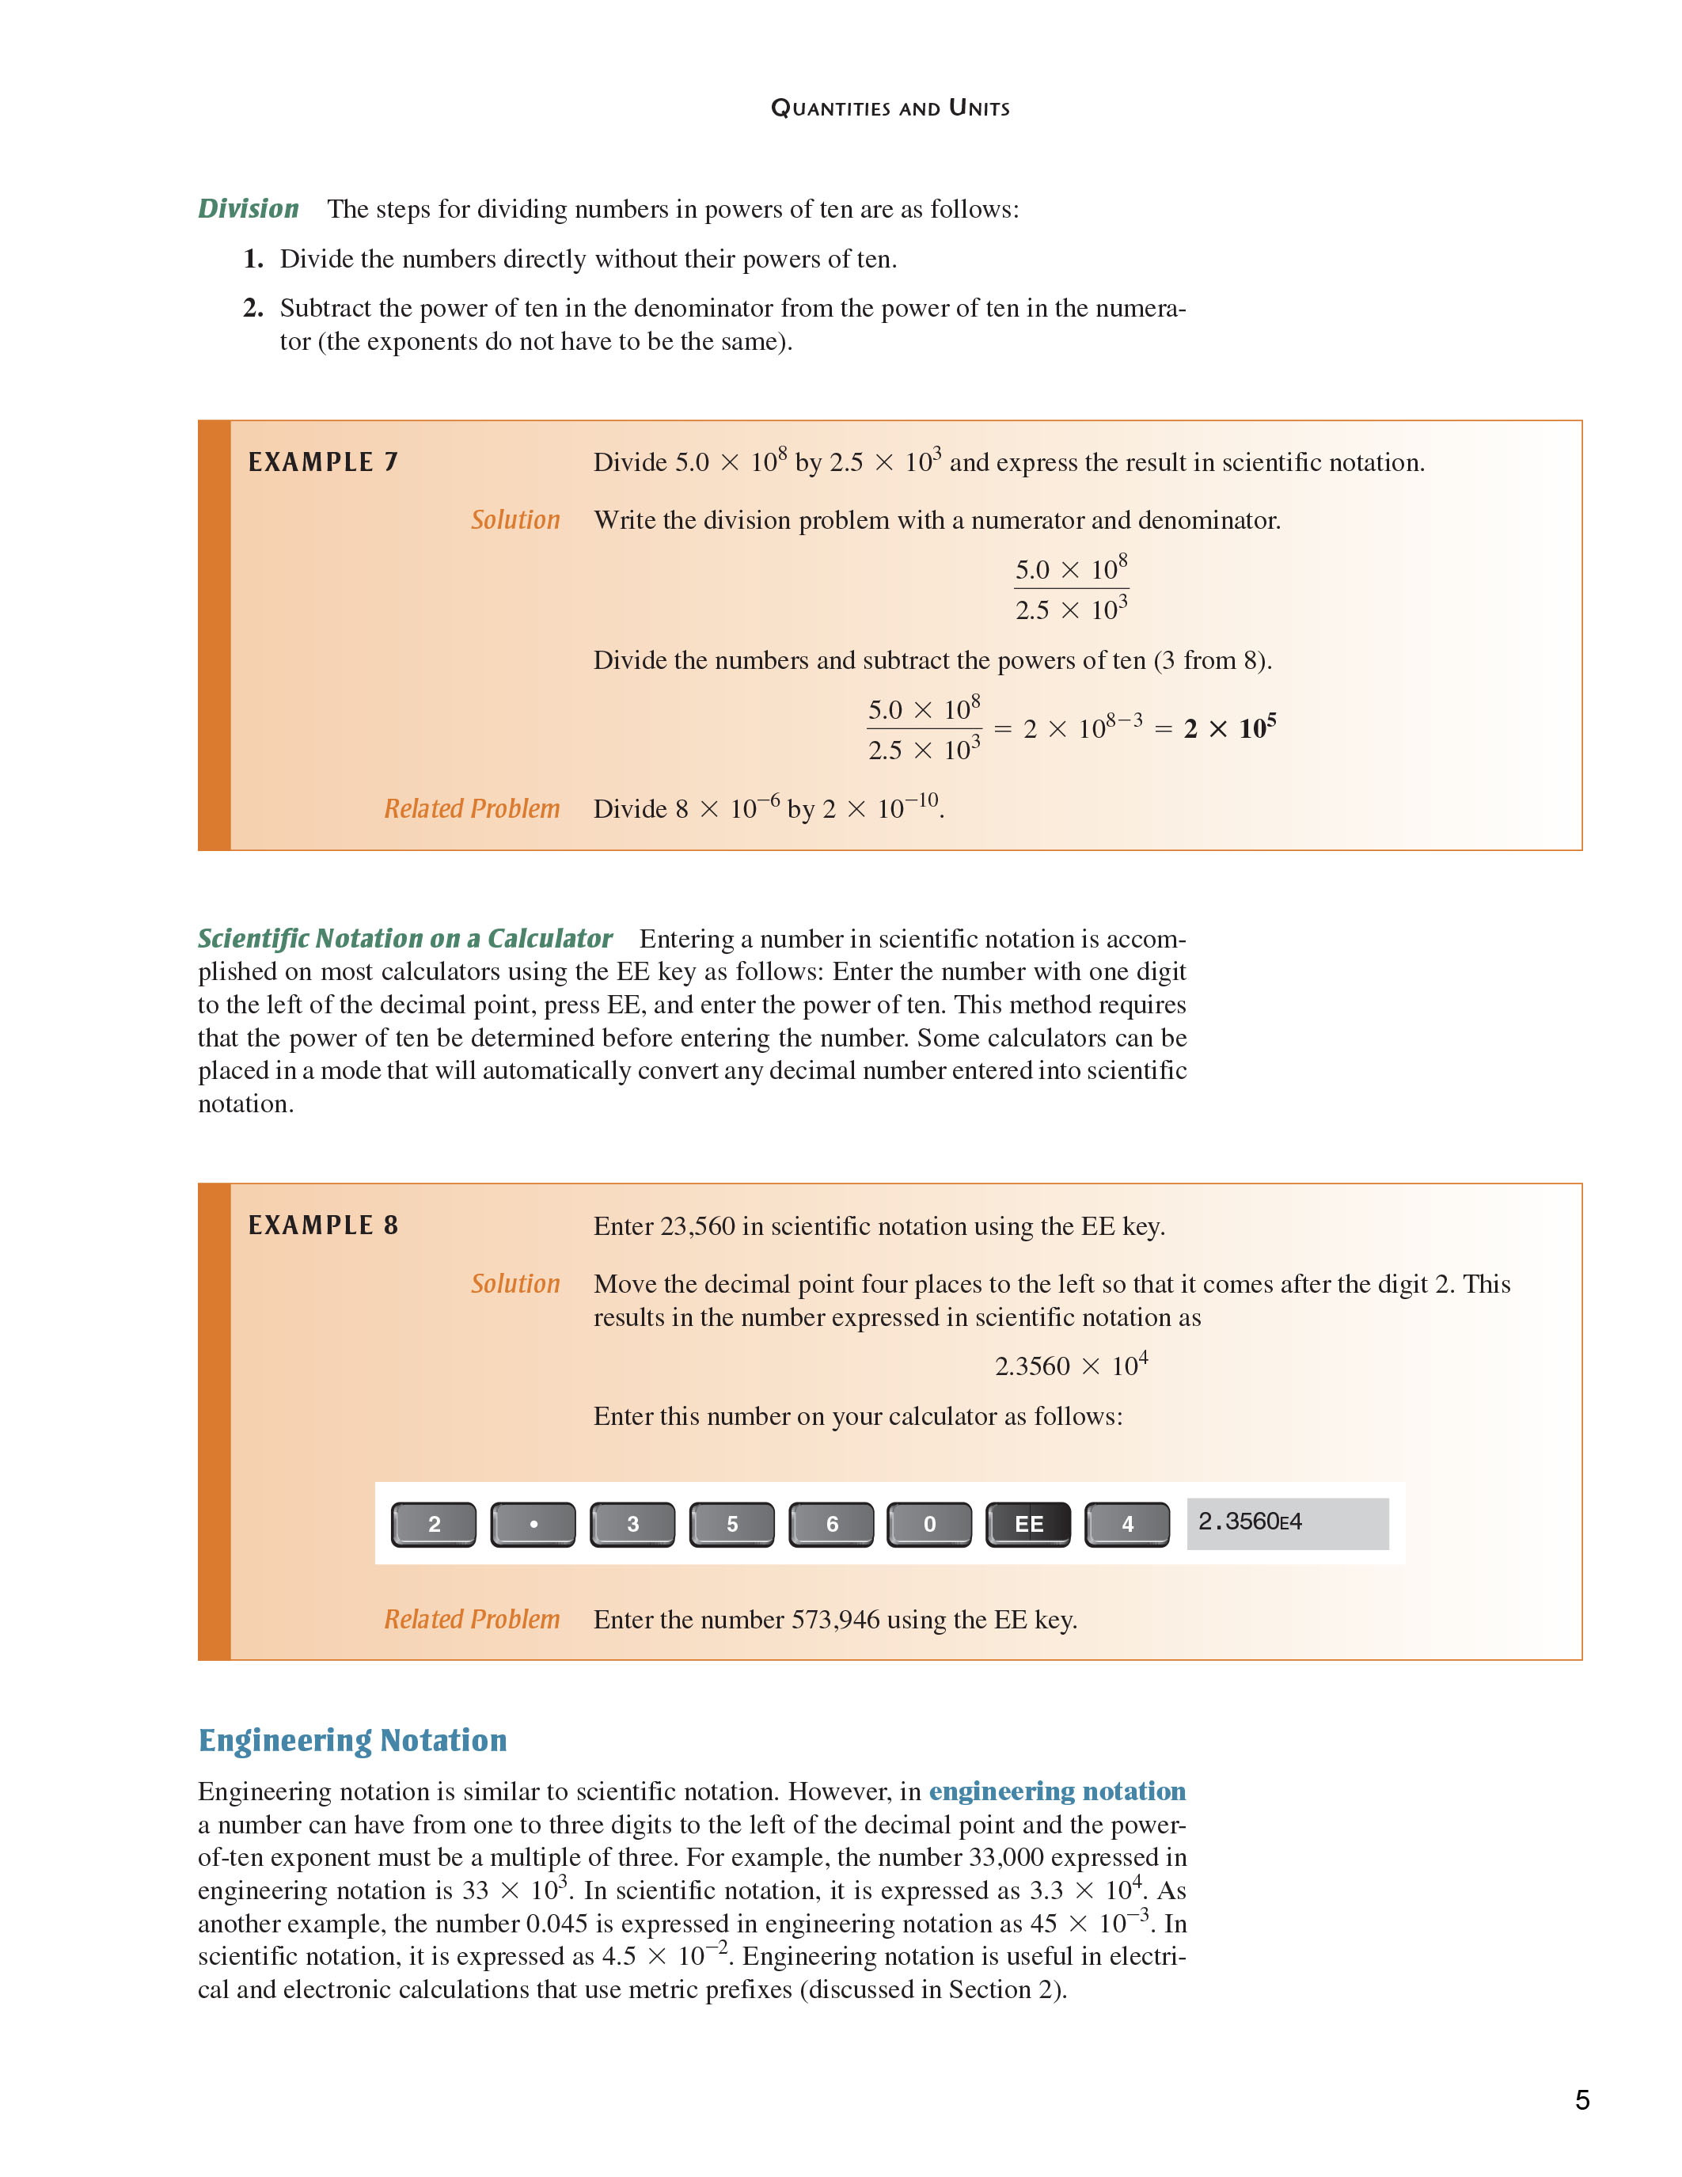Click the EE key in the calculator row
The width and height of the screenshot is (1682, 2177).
1027,1524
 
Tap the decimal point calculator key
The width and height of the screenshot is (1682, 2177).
533,1524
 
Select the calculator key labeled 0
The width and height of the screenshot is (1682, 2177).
928,1524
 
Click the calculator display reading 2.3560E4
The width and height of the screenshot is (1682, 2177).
1286,1523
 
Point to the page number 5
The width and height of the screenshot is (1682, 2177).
1581,2100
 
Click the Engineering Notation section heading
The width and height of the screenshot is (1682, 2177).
353,1740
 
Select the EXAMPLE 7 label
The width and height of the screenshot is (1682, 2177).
323,462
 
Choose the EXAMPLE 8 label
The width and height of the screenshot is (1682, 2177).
323,1225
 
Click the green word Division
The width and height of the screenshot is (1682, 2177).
248,208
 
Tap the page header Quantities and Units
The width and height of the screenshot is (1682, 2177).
890,108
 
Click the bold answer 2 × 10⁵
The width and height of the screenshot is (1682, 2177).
1228,728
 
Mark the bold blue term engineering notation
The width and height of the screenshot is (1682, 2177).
1057,1791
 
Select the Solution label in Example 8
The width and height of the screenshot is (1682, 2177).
515,1284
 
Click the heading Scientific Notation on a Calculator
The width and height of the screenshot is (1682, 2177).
404,939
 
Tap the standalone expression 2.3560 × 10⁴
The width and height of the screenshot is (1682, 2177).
1071,1366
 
